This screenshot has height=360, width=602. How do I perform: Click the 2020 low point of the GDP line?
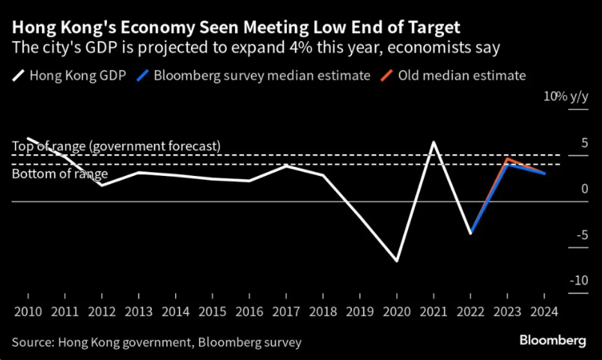coord(397,261)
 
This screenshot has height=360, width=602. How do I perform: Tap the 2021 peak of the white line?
coord(434,142)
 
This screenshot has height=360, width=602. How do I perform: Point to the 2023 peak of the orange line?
coord(507,158)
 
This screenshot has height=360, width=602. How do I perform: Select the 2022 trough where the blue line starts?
coord(470,233)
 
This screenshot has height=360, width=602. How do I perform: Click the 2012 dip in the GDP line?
coord(102,186)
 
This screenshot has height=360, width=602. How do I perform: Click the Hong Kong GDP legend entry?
coord(69,76)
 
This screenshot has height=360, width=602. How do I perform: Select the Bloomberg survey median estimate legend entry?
coord(253,76)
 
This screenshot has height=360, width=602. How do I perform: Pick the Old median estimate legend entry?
coord(453,76)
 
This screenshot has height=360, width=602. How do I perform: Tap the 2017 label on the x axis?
coord(286,311)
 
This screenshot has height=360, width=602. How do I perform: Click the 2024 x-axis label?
coord(544,311)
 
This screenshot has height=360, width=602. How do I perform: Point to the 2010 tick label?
coord(28,311)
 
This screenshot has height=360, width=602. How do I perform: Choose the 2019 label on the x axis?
coord(359,311)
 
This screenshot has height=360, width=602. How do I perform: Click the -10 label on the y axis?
coord(579,281)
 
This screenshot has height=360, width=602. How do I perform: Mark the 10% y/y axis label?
coord(566,97)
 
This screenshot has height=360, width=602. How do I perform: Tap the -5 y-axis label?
coord(583,234)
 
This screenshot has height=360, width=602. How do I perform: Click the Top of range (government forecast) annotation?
coord(116,146)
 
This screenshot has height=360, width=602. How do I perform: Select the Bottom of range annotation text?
coord(60,174)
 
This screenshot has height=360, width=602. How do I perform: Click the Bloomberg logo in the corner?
coord(553,341)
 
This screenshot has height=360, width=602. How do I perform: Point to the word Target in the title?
coord(434,28)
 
